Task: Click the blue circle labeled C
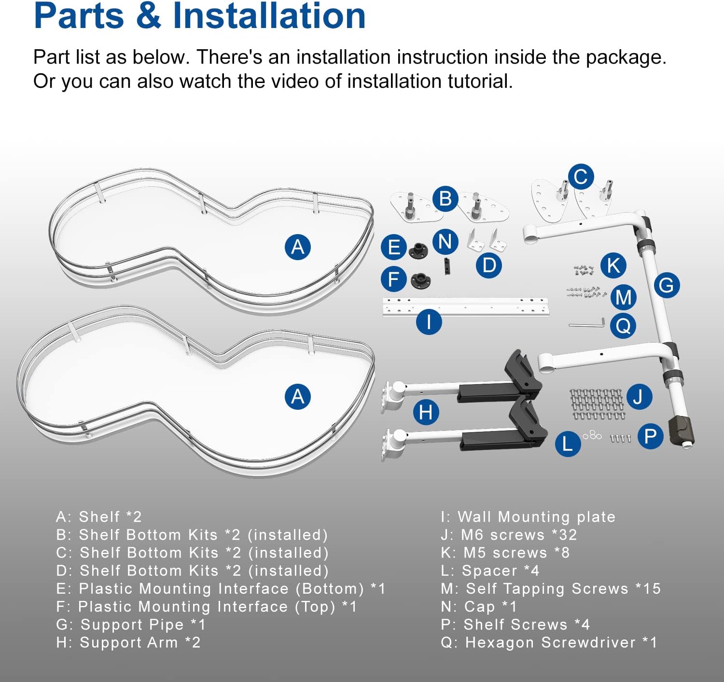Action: point(581,177)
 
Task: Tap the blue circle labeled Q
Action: point(623,326)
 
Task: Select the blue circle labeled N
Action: point(445,241)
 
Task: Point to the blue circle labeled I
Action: point(429,321)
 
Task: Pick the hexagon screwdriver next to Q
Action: point(587,323)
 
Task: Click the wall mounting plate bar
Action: point(466,307)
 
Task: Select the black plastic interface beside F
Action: point(420,280)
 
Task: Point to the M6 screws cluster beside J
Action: point(597,404)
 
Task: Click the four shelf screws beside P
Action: point(620,438)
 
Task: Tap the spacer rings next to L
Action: point(592,435)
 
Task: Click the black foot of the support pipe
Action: point(681,430)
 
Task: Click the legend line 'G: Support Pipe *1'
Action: point(131,625)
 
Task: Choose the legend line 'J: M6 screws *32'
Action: point(509,535)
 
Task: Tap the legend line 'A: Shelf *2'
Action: point(99,517)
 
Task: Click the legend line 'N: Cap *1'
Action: point(479,607)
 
